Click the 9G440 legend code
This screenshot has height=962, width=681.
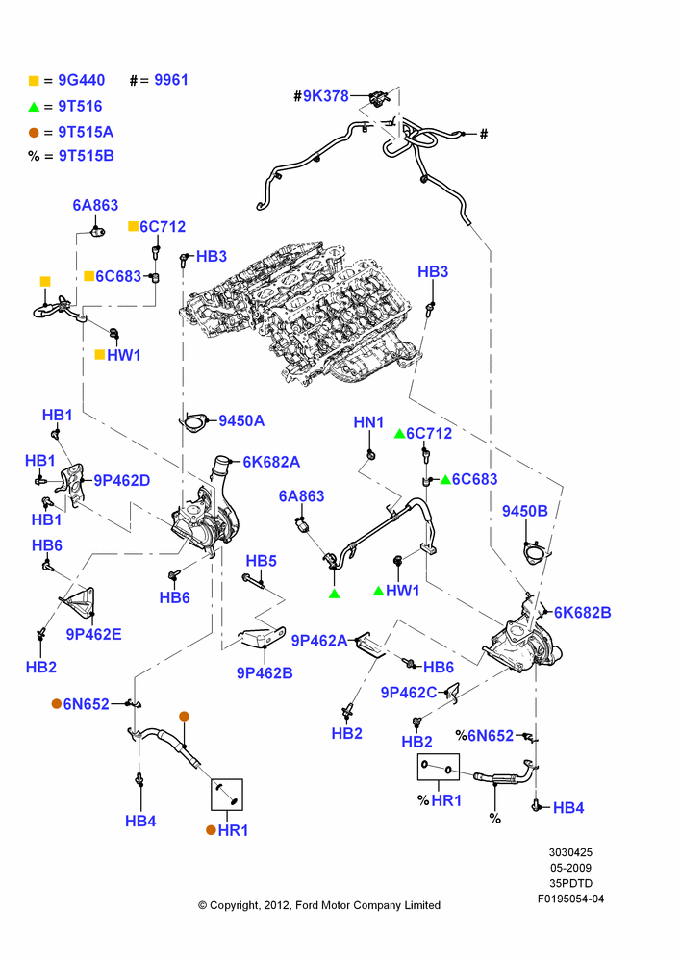click(x=82, y=80)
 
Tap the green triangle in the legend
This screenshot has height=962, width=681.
click(x=34, y=107)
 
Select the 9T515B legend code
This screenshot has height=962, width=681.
click(x=86, y=156)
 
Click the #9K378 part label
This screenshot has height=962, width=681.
click(x=321, y=95)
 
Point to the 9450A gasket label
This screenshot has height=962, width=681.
click(x=241, y=421)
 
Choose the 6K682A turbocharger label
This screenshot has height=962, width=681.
click(x=271, y=462)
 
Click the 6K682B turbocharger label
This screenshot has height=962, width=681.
click(x=582, y=612)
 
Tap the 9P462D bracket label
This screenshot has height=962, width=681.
click(x=121, y=481)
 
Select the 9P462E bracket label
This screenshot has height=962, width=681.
click(x=94, y=634)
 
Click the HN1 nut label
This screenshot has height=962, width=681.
click(x=368, y=422)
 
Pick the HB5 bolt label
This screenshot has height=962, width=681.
click(x=262, y=561)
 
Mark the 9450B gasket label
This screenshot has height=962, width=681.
click(x=524, y=511)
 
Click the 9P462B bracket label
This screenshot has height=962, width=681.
click(x=265, y=673)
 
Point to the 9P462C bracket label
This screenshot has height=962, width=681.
click(x=409, y=693)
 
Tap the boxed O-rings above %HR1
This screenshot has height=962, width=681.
click(x=438, y=767)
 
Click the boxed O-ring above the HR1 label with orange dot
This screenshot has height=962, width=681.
click(x=227, y=795)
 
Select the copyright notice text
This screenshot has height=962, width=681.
click(x=319, y=905)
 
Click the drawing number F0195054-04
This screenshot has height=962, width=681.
click(x=570, y=899)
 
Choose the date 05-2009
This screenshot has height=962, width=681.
click(x=570, y=868)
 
